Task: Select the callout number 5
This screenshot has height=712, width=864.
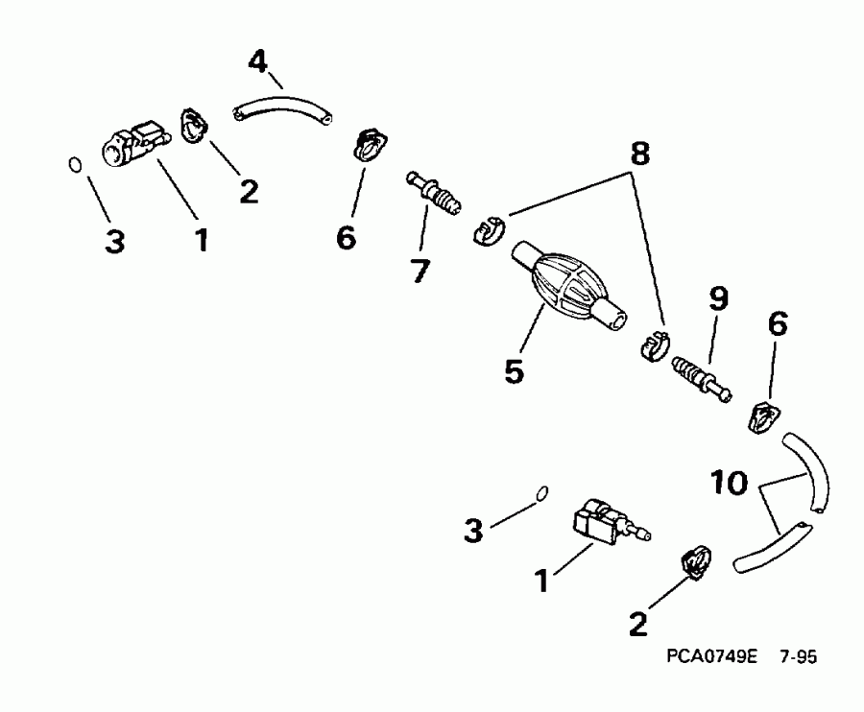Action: (516, 369)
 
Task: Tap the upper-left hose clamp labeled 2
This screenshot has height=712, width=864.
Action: (195, 126)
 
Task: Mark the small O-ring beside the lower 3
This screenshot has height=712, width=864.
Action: (542, 492)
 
